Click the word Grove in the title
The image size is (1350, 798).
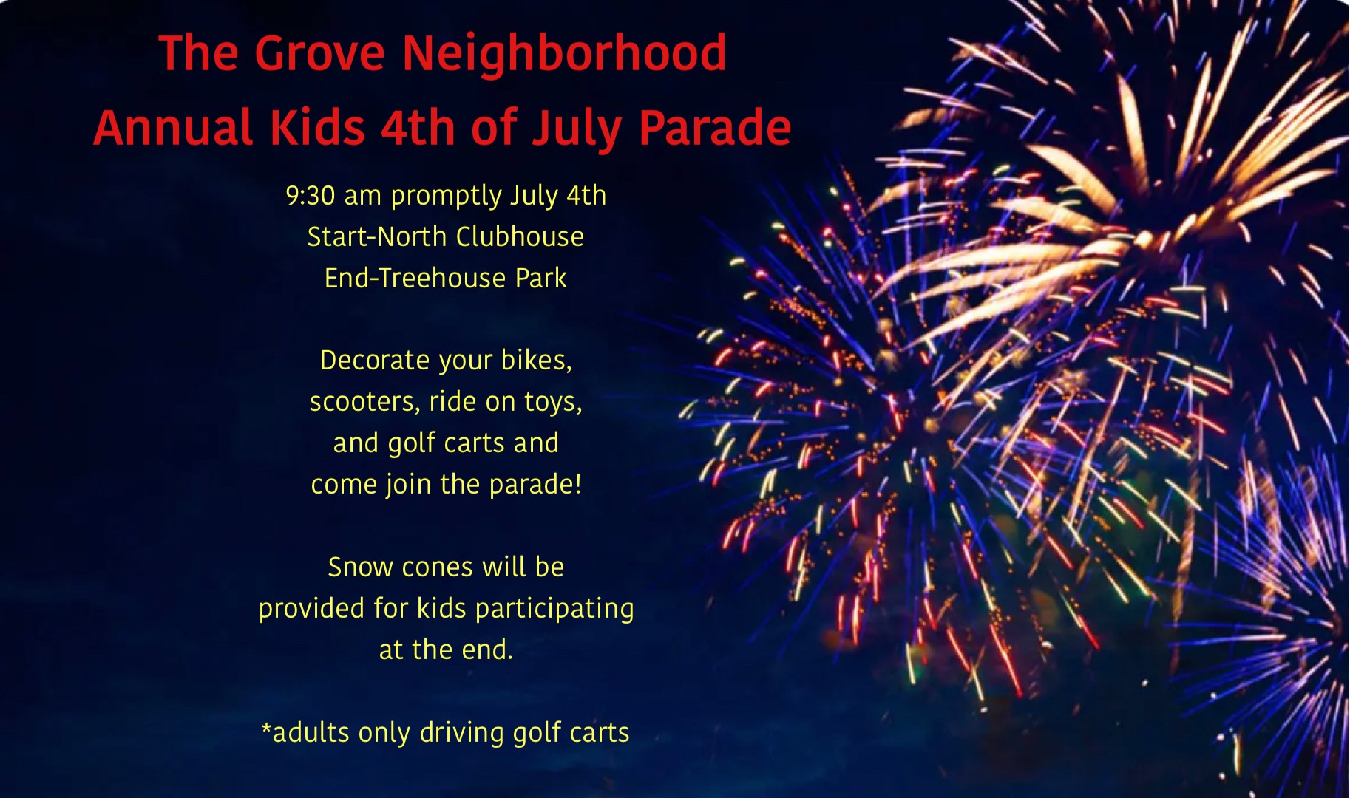(320, 53)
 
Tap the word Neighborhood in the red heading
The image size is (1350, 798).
(565, 53)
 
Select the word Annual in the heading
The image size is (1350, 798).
(173, 127)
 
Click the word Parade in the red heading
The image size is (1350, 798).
(715, 127)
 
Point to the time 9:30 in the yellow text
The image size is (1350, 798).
(311, 196)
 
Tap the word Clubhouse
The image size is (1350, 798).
(520, 237)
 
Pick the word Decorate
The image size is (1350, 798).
(375, 361)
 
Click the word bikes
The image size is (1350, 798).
(535, 361)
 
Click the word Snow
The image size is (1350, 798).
(360, 567)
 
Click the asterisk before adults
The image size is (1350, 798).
(267, 729)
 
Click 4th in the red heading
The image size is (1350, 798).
(418, 127)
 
